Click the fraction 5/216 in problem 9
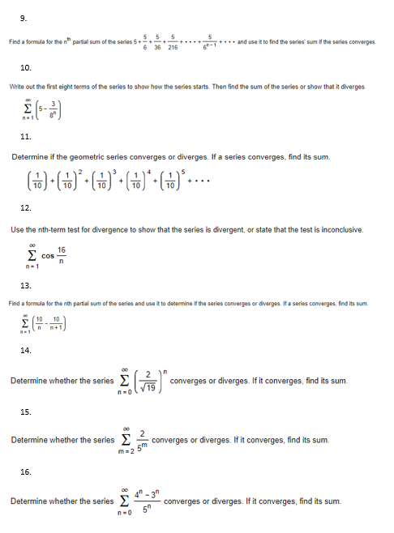(173, 41)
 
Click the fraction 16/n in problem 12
(62, 255)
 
